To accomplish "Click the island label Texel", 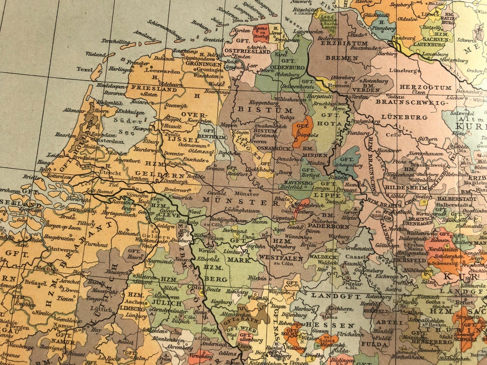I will (x=85, y=69).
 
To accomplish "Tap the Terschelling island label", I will (x=114, y=42).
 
